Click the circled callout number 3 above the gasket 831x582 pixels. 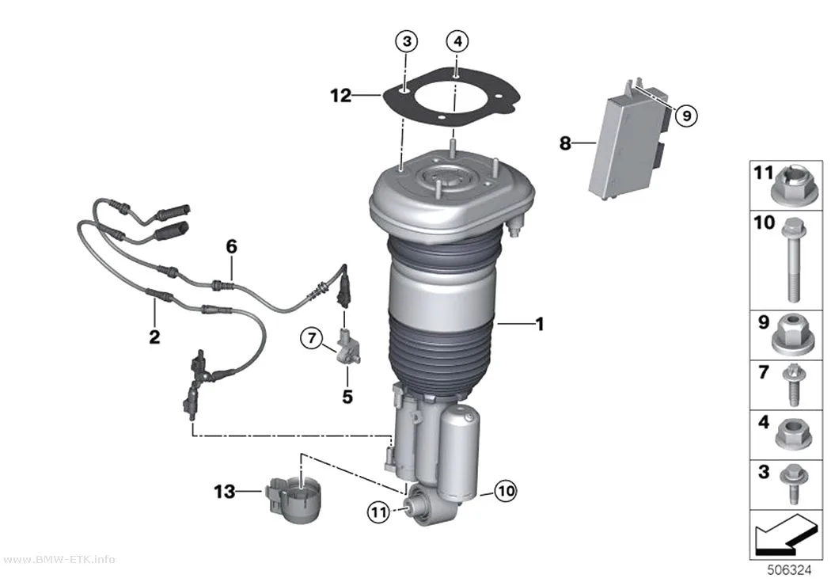(407, 41)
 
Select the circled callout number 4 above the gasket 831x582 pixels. (458, 41)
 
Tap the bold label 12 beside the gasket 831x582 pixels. (341, 96)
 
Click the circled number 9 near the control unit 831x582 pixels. (686, 115)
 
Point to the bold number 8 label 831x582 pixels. (566, 143)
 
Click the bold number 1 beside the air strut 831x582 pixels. (540, 324)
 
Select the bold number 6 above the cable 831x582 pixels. (232, 247)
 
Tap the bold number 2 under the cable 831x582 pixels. (154, 337)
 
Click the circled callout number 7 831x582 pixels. (312, 337)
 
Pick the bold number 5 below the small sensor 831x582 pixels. (347, 397)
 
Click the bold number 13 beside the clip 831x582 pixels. (224, 492)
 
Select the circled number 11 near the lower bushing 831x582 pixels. (378, 512)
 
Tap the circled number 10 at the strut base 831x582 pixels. (505, 491)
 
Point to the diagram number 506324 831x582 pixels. (789, 570)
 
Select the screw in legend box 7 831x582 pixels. (793, 385)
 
